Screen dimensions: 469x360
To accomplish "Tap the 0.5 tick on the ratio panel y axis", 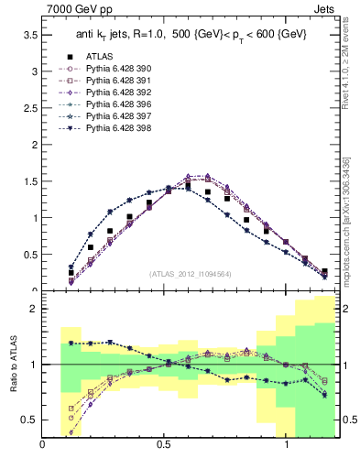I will pyautogui.click(x=32, y=420).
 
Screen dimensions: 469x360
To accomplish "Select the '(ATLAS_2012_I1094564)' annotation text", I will pyautogui.click(x=191, y=274).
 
